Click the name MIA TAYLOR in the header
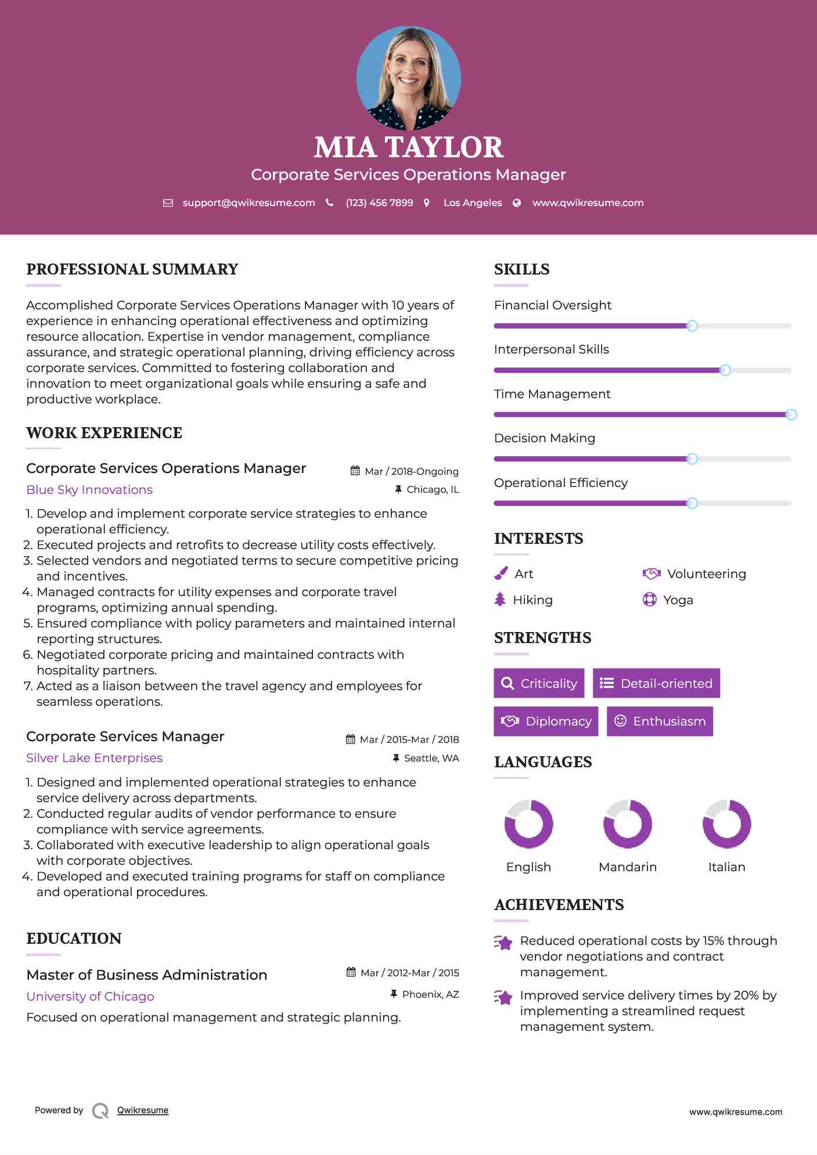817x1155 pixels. tap(408, 147)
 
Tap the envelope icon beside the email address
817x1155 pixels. tap(168, 203)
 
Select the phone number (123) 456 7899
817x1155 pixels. tap(379, 203)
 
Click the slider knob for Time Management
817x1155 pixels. tap(791, 414)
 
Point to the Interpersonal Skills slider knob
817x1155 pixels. tap(725, 370)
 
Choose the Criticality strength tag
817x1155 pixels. tap(539, 683)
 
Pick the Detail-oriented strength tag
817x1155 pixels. tap(656, 683)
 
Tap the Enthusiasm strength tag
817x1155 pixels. tap(660, 721)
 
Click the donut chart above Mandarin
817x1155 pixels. tap(628, 824)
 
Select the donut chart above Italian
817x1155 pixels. tap(726, 824)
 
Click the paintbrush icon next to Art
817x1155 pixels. tap(501, 573)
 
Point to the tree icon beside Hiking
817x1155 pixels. tap(500, 600)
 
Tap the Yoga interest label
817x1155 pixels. tap(678, 600)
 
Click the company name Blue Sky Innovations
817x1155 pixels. tap(89, 490)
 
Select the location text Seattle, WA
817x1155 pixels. tap(431, 758)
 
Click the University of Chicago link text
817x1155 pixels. tap(90, 997)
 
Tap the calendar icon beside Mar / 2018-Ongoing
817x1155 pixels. tap(355, 471)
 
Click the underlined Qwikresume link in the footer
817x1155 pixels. tap(143, 1110)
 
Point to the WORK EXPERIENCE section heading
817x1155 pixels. tap(104, 433)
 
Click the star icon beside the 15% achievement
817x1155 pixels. tap(503, 943)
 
